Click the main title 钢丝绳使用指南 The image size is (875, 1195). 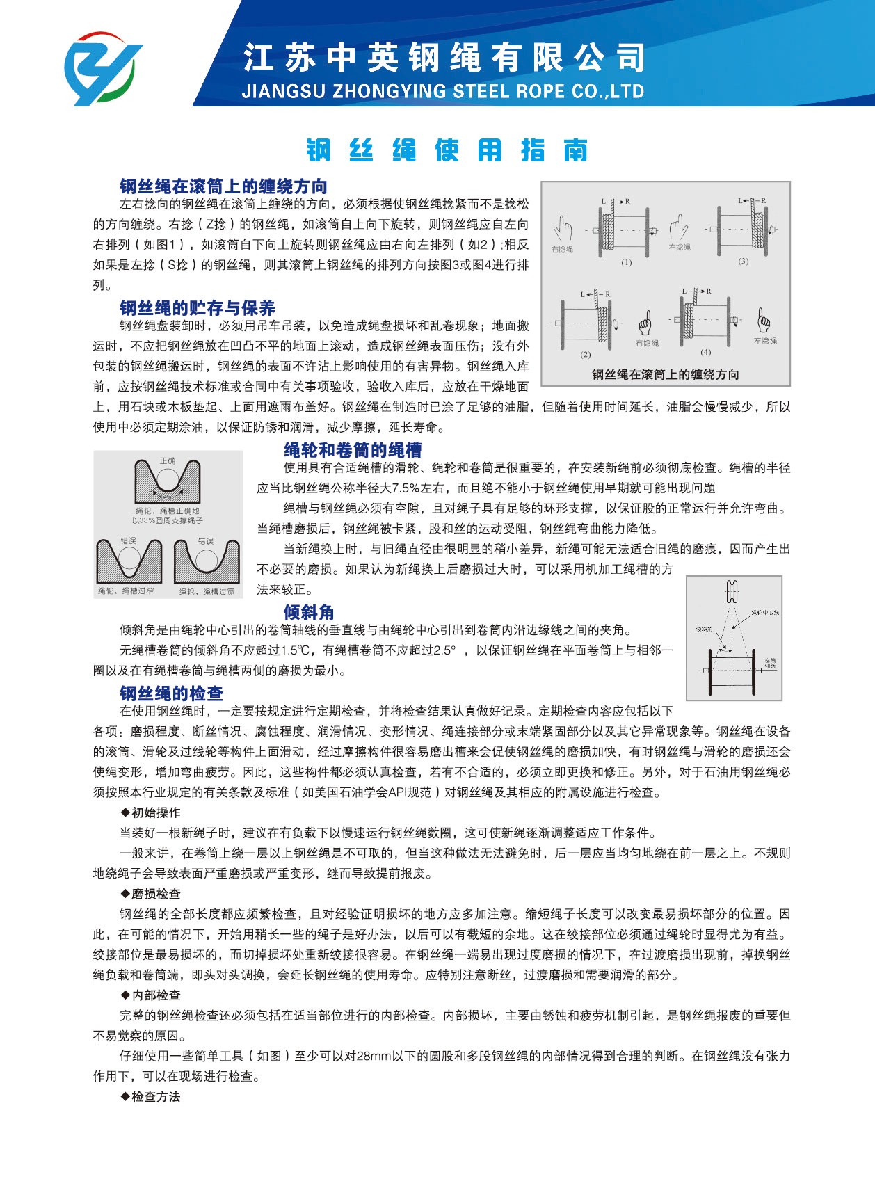pos(447,150)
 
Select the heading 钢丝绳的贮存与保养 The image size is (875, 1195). pos(198,308)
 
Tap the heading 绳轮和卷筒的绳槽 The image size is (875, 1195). pos(353,450)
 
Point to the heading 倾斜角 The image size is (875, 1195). pos(309,612)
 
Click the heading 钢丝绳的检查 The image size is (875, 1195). pos(171,693)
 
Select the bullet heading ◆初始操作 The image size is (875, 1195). pos(150,812)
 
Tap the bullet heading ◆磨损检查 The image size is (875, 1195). pos(150,894)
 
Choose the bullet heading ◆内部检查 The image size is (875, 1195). pos(150,995)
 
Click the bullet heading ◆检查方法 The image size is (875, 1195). pos(150,1097)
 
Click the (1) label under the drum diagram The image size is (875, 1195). pos(627,262)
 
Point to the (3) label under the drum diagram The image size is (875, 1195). pos(744,261)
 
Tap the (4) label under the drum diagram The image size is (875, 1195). pos(706,352)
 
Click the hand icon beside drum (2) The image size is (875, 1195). pos(645,322)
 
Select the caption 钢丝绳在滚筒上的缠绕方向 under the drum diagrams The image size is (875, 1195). pos(665,374)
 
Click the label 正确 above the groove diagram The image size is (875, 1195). pos(168,460)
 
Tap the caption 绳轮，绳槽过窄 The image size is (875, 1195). pos(126,591)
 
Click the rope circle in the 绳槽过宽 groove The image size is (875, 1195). pos(205,560)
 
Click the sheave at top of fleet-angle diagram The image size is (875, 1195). pos(731,592)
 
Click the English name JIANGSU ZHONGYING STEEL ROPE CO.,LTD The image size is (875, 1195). pos(442,91)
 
